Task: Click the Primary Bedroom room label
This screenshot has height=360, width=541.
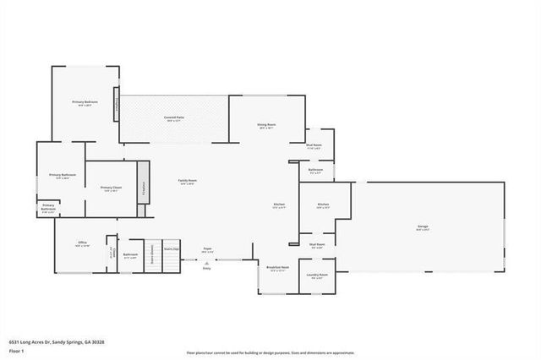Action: (83, 102)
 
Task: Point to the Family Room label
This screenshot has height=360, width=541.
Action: (187, 181)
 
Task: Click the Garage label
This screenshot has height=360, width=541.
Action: (423, 227)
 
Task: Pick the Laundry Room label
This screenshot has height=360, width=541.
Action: (317, 274)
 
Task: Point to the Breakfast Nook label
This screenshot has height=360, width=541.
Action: (278, 267)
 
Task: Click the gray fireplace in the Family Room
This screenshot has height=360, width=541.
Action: (143, 183)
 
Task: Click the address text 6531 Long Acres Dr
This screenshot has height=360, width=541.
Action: (56, 342)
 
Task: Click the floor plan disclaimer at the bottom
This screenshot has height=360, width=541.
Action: (270, 353)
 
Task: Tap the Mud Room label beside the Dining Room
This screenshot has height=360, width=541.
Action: (314, 145)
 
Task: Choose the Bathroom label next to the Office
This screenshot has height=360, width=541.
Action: (130, 254)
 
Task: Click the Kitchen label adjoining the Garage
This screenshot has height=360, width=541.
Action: (323, 205)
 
